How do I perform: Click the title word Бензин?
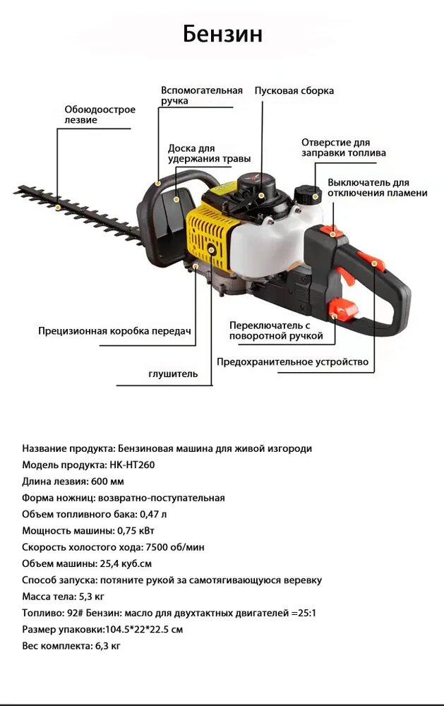tap(222, 34)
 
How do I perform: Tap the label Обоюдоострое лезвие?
tap(100, 114)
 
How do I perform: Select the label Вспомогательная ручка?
tap(201, 95)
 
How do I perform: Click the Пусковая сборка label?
tap(294, 90)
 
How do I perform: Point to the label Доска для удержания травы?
tap(209, 153)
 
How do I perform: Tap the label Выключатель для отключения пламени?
tap(377, 187)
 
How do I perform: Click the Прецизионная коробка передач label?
tap(114, 330)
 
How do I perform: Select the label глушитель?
tap(173, 373)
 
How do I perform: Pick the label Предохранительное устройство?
tap(292, 362)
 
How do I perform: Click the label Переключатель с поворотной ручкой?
tap(276, 330)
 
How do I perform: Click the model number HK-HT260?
tap(132, 465)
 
